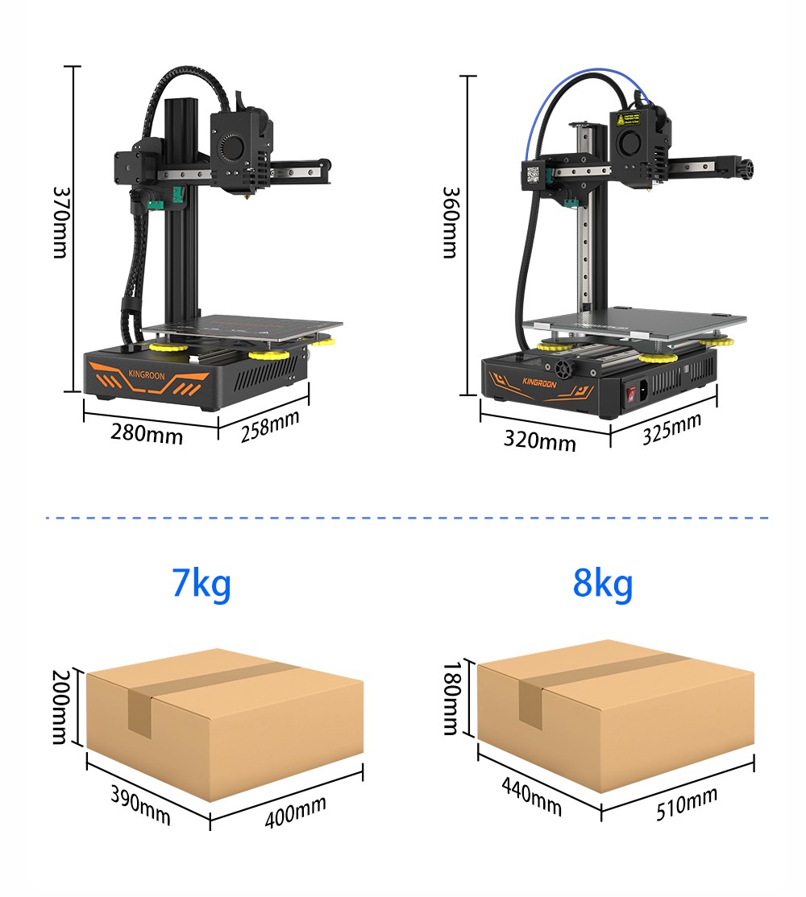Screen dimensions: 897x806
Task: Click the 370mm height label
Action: coord(59,222)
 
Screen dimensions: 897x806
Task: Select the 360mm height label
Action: coord(449,222)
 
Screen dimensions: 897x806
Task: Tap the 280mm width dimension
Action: coord(147,434)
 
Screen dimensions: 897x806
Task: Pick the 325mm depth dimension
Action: coord(671,428)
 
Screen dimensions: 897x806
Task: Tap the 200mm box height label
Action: coord(59,707)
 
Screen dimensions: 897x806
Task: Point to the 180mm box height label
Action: coord(450,699)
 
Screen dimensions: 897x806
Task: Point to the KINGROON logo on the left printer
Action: coord(145,374)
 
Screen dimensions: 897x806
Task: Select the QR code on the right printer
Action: coord(533,173)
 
